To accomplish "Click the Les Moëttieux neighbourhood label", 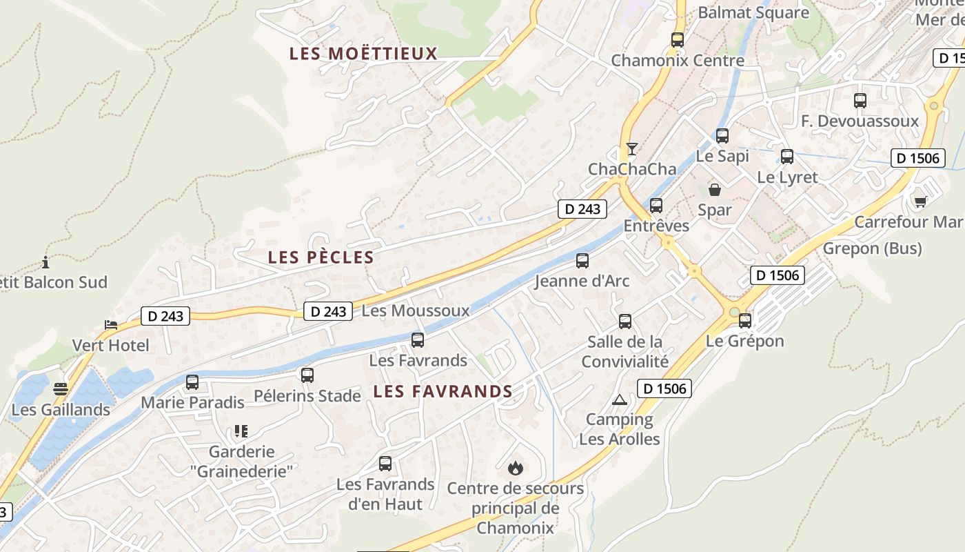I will click(363, 53).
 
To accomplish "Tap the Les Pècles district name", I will click(321, 258).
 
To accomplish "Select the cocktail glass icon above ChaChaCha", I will click(632, 148).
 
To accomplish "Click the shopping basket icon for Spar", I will click(715, 189).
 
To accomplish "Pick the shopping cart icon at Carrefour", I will click(920, 201).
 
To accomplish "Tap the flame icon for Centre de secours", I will click(515, 469).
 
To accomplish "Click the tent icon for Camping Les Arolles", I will click(620, 400).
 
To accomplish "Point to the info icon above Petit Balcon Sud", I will click(45, 262).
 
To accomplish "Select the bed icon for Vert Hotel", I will click(110, 324).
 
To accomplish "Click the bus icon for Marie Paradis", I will click(192, 382).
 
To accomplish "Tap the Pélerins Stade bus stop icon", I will click(307, 375).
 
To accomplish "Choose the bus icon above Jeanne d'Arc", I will click(582, 261).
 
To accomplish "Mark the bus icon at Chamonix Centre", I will click(678, 40).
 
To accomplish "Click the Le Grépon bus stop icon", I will click(745, 321).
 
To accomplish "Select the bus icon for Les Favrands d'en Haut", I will click(385, 464).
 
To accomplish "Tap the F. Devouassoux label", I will click(860, 121).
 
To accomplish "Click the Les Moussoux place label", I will click(415, 311).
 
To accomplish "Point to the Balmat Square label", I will click(753, 12).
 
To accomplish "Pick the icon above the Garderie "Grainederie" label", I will click(241, 431).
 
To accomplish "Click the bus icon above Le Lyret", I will click(787, 157).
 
